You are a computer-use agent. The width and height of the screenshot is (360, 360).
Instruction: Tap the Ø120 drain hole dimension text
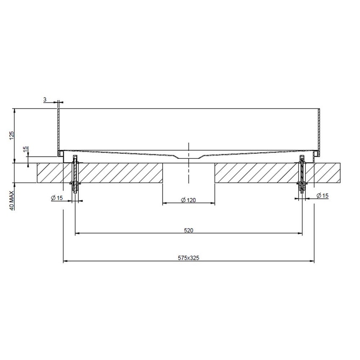pos(188,200)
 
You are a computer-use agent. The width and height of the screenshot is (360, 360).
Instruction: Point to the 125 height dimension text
pos(12,135)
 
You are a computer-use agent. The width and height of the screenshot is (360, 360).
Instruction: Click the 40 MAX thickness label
pos(12,200)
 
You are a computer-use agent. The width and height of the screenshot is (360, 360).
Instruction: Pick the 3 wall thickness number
pos(45,100)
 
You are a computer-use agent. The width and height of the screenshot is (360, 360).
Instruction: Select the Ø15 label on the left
pos(56,198)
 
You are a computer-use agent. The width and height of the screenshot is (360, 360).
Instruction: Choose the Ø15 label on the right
pos(323,195)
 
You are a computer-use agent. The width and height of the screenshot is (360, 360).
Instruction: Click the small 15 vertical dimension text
pos(25,150)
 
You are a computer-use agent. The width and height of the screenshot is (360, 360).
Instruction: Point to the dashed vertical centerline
pos(188,169)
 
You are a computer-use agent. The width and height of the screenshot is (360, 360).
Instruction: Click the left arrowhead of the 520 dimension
pos(77,233)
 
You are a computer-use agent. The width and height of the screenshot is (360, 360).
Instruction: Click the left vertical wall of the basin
pos(58,129)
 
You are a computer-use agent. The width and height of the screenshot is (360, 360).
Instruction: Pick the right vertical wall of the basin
pos(319,129)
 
